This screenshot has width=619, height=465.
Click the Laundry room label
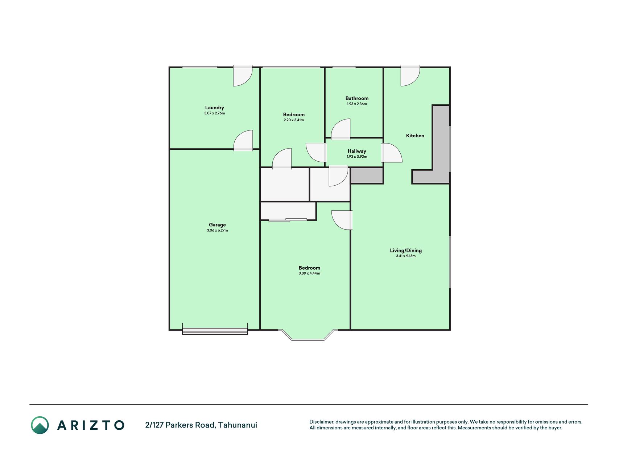215,108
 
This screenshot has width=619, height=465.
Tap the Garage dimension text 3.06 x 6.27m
217,230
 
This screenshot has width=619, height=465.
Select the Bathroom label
357,98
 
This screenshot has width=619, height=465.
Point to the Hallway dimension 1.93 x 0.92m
357,157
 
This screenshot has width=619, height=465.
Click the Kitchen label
415,136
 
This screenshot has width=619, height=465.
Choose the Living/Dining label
406,250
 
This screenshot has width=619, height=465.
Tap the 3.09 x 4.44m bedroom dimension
309,273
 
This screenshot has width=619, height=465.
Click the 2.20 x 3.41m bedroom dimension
294,120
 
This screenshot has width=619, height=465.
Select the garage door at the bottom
215,331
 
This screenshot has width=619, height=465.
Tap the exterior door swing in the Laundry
242,76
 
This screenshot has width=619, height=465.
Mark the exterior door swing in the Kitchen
410,76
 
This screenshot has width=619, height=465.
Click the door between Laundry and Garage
243,141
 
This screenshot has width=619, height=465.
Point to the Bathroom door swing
341,129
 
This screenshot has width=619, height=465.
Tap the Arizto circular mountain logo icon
40,425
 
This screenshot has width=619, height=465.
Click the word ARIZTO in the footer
91,425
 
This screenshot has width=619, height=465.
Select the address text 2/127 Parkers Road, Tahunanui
201,425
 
